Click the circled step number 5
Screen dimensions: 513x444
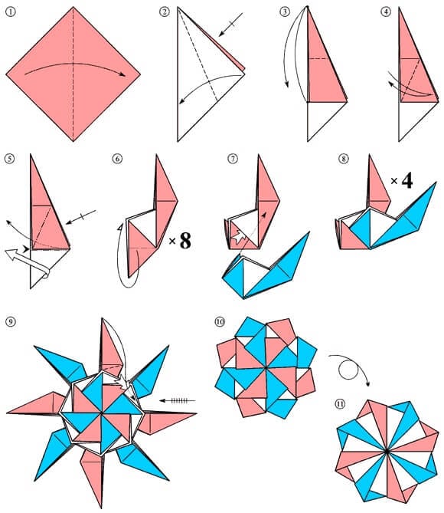pos(10,159)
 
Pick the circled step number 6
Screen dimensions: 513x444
pos(117,159)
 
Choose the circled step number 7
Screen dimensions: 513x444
pos(233,159)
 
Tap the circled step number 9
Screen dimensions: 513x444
pos(10,320)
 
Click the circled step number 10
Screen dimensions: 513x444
pos(220,321)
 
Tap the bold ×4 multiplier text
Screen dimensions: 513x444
pos(401,182)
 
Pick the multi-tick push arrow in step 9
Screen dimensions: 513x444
pos(178,400)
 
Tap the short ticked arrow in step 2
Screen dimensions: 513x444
pos(229,27)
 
